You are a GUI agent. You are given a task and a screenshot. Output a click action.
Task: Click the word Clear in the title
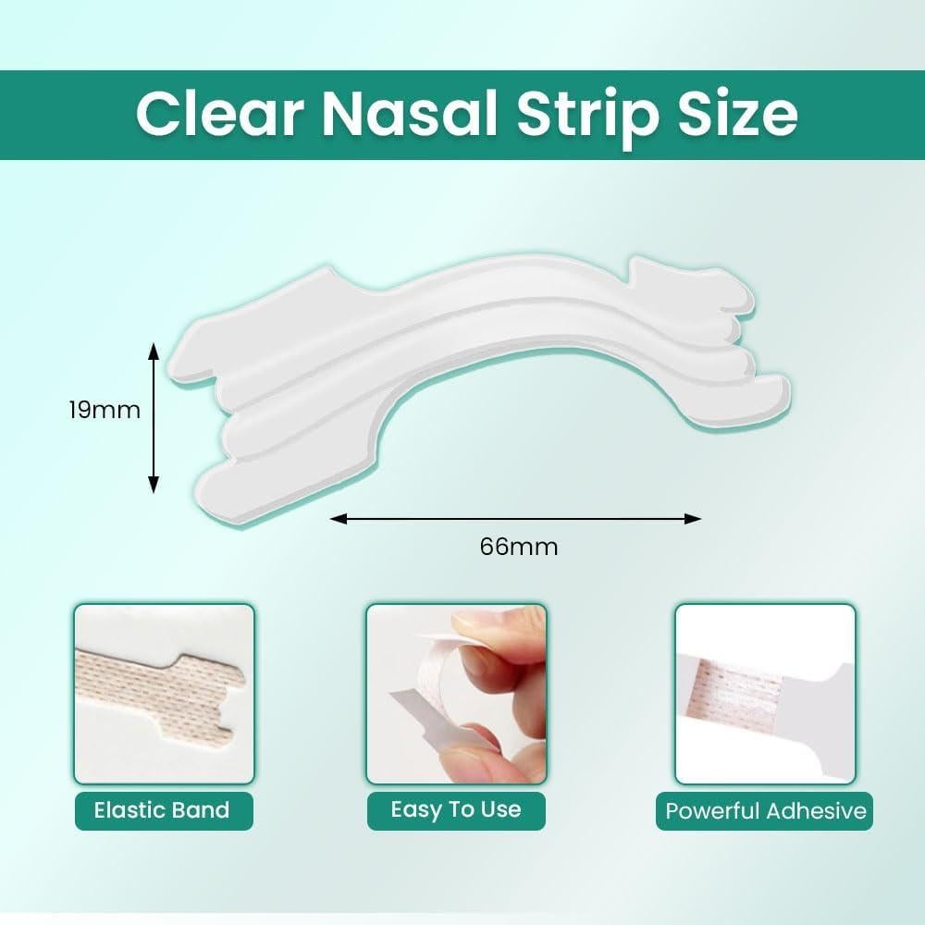(219, 113)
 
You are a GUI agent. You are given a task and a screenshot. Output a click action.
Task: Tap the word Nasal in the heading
(410, 113)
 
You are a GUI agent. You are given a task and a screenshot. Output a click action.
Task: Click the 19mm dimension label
(105, 410)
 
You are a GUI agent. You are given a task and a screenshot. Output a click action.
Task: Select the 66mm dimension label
(519, 547)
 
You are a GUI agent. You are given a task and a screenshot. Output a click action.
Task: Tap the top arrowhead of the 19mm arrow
(154, 349)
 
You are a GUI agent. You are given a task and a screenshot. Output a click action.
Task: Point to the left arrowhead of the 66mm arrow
(337, 519)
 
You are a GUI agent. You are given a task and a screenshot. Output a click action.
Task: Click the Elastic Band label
(162, 810)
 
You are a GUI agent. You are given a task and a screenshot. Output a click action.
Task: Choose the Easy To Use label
(456, 809)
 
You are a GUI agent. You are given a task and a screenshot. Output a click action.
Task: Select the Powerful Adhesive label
(766, 811)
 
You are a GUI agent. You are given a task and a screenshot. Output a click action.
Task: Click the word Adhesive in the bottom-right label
(816, 811)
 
